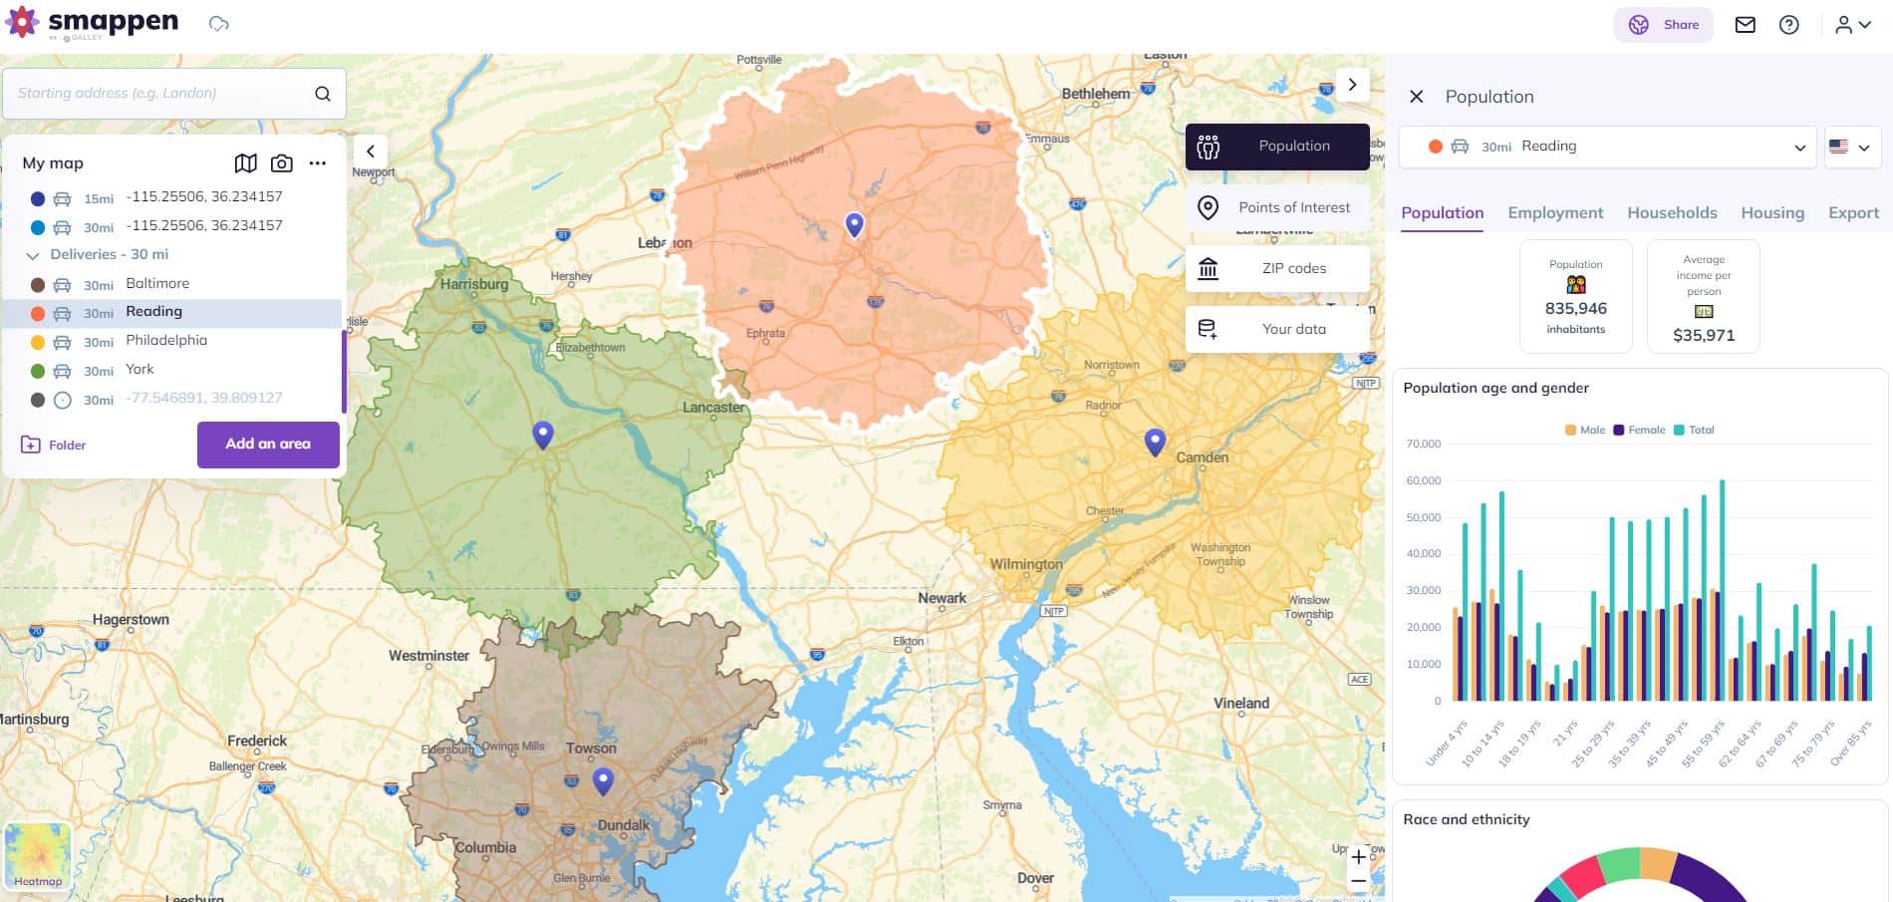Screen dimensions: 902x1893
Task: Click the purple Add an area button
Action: click(268, 445)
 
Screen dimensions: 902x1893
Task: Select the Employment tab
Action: click(1555, 212)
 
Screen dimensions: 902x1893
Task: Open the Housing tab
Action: click(1772, 212)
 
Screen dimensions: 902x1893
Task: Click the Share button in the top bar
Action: click(1664, 25)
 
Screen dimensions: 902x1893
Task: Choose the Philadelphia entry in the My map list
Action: click(166, 341)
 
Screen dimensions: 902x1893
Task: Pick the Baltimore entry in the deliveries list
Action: click(157, 284)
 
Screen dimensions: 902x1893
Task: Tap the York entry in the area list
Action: click(139, 370)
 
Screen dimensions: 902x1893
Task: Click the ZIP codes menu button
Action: click(1277, 268)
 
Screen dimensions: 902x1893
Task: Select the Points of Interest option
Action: click(1277, 207)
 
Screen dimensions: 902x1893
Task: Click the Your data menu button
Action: click(1277, 329)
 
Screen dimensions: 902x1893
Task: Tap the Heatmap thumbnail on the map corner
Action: click(38, 854)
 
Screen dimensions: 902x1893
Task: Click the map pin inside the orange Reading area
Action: click(854, 224)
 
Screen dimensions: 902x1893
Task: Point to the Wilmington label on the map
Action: click(1025, 564)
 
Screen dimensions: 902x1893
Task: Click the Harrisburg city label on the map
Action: click(474, 284)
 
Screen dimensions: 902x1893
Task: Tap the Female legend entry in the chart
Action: click(1640, 431)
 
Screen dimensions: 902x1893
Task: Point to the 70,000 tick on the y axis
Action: click(1424, 445)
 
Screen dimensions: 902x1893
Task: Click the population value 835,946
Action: click(1575, 309)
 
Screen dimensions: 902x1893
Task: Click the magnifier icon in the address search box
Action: click(323, 94)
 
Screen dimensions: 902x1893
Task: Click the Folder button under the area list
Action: click(54, 445)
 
